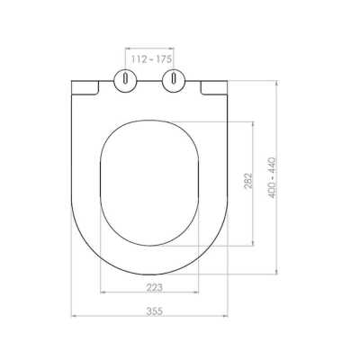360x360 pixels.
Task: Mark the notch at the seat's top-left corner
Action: point(85,86)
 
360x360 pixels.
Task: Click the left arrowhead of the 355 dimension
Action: point(74,316)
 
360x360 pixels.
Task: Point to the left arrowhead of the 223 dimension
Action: point(101,292)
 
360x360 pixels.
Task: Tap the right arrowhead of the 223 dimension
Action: point(198,292)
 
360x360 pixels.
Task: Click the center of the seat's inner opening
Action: point(149,184)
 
